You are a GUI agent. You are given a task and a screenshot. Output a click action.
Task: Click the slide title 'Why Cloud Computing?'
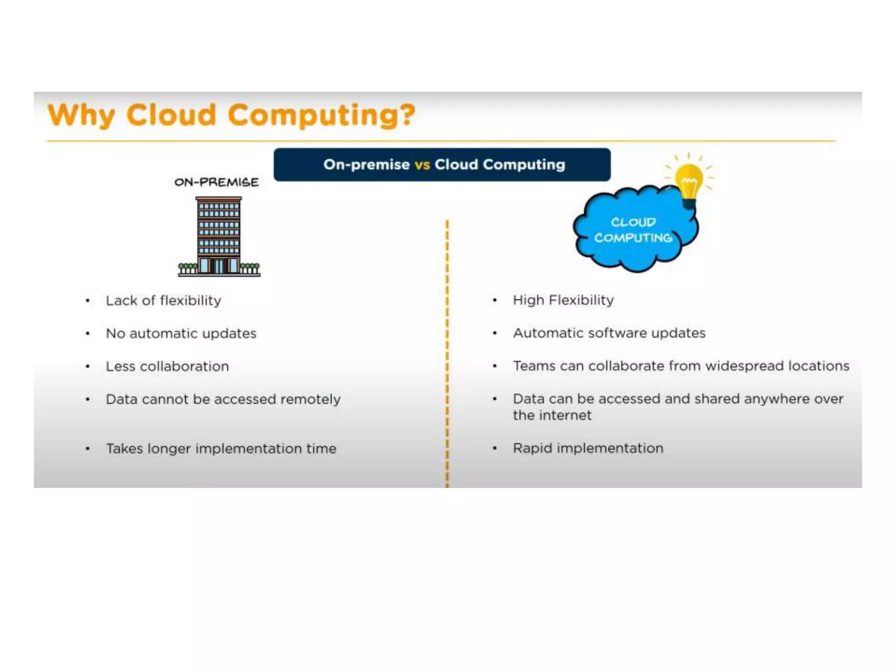(x=231, y=115)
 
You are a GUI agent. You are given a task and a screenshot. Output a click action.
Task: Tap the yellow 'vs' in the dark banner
(x=422, y=165)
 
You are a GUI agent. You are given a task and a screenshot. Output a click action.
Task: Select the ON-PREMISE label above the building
(x=217, y=182)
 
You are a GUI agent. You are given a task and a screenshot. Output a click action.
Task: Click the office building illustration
(x=219, y=236)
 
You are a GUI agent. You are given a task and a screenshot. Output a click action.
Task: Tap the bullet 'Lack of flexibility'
(x=163, y=301)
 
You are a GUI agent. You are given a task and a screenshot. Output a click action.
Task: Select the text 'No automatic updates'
(x=181, y=333)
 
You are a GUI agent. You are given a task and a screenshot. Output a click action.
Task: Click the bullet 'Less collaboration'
(x=167, y=366)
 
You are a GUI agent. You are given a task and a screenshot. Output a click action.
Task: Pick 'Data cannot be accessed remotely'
(x=223, y=399)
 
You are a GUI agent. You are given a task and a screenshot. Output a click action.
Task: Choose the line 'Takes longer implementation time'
(x=221, y=448)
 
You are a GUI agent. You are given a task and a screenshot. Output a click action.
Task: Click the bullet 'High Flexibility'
(x=563, y=300)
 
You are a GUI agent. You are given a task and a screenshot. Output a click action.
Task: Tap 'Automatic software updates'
(x=609, y=333)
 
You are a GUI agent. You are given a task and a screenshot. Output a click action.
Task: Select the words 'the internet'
(x=552, y=415)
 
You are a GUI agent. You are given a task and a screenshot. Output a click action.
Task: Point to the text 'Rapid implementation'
(x=588, y=448)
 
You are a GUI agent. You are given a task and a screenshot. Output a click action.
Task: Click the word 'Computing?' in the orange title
(x=322, y=115)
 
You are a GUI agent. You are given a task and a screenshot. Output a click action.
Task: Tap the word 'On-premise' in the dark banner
(x=367, y=165)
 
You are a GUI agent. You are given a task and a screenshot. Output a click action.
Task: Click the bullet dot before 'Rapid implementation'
(x=495, y=448)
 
